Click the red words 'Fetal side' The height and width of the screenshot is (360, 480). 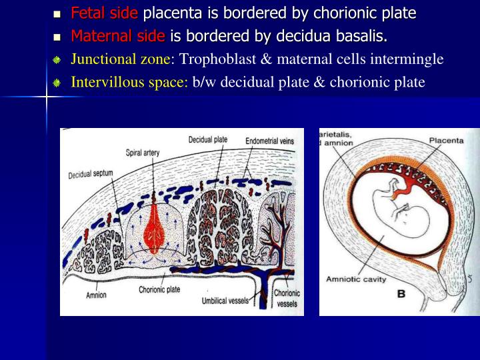(x=105, y=13)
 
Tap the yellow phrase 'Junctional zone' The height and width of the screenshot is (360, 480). (x=121, y=59)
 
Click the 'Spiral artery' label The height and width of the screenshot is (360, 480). (x=143, y=153)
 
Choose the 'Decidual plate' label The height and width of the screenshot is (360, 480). (x=208, y=140)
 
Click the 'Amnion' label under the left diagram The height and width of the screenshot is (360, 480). (x=96, y=295)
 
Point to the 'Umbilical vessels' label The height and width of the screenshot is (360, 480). (x=225, y=301)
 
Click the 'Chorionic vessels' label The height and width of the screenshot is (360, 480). (x=287, y=298)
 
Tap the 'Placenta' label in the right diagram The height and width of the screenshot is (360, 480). (x=446, y=141)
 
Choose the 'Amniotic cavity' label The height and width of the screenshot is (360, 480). (x=356, y=279)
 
